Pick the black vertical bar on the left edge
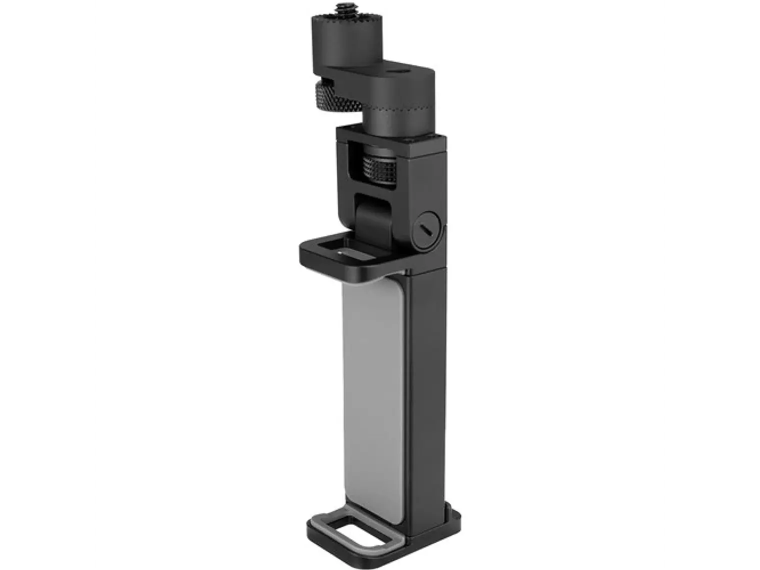[x=46, y=285]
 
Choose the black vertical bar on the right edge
[x=714, y=285]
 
